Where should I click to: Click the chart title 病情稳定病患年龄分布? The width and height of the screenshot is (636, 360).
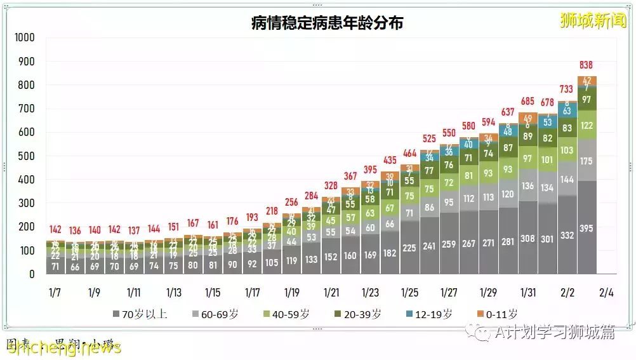point(327,23)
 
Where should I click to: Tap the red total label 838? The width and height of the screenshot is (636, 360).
point(586,65)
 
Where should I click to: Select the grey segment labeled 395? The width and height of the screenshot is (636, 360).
point(586,229)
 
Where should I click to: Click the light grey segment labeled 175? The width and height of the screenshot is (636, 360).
point(586,161)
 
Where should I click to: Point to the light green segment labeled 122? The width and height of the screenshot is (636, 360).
point(586,125)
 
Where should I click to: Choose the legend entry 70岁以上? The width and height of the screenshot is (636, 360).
point(140,314)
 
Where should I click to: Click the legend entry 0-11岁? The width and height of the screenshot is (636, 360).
point(498,314)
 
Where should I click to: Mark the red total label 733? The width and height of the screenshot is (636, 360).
point(567,90)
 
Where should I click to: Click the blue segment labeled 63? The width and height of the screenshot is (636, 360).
point(567,111)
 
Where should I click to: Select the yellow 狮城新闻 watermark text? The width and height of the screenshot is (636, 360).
point(593,20)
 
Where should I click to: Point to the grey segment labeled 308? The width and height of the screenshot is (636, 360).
point(527,239)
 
